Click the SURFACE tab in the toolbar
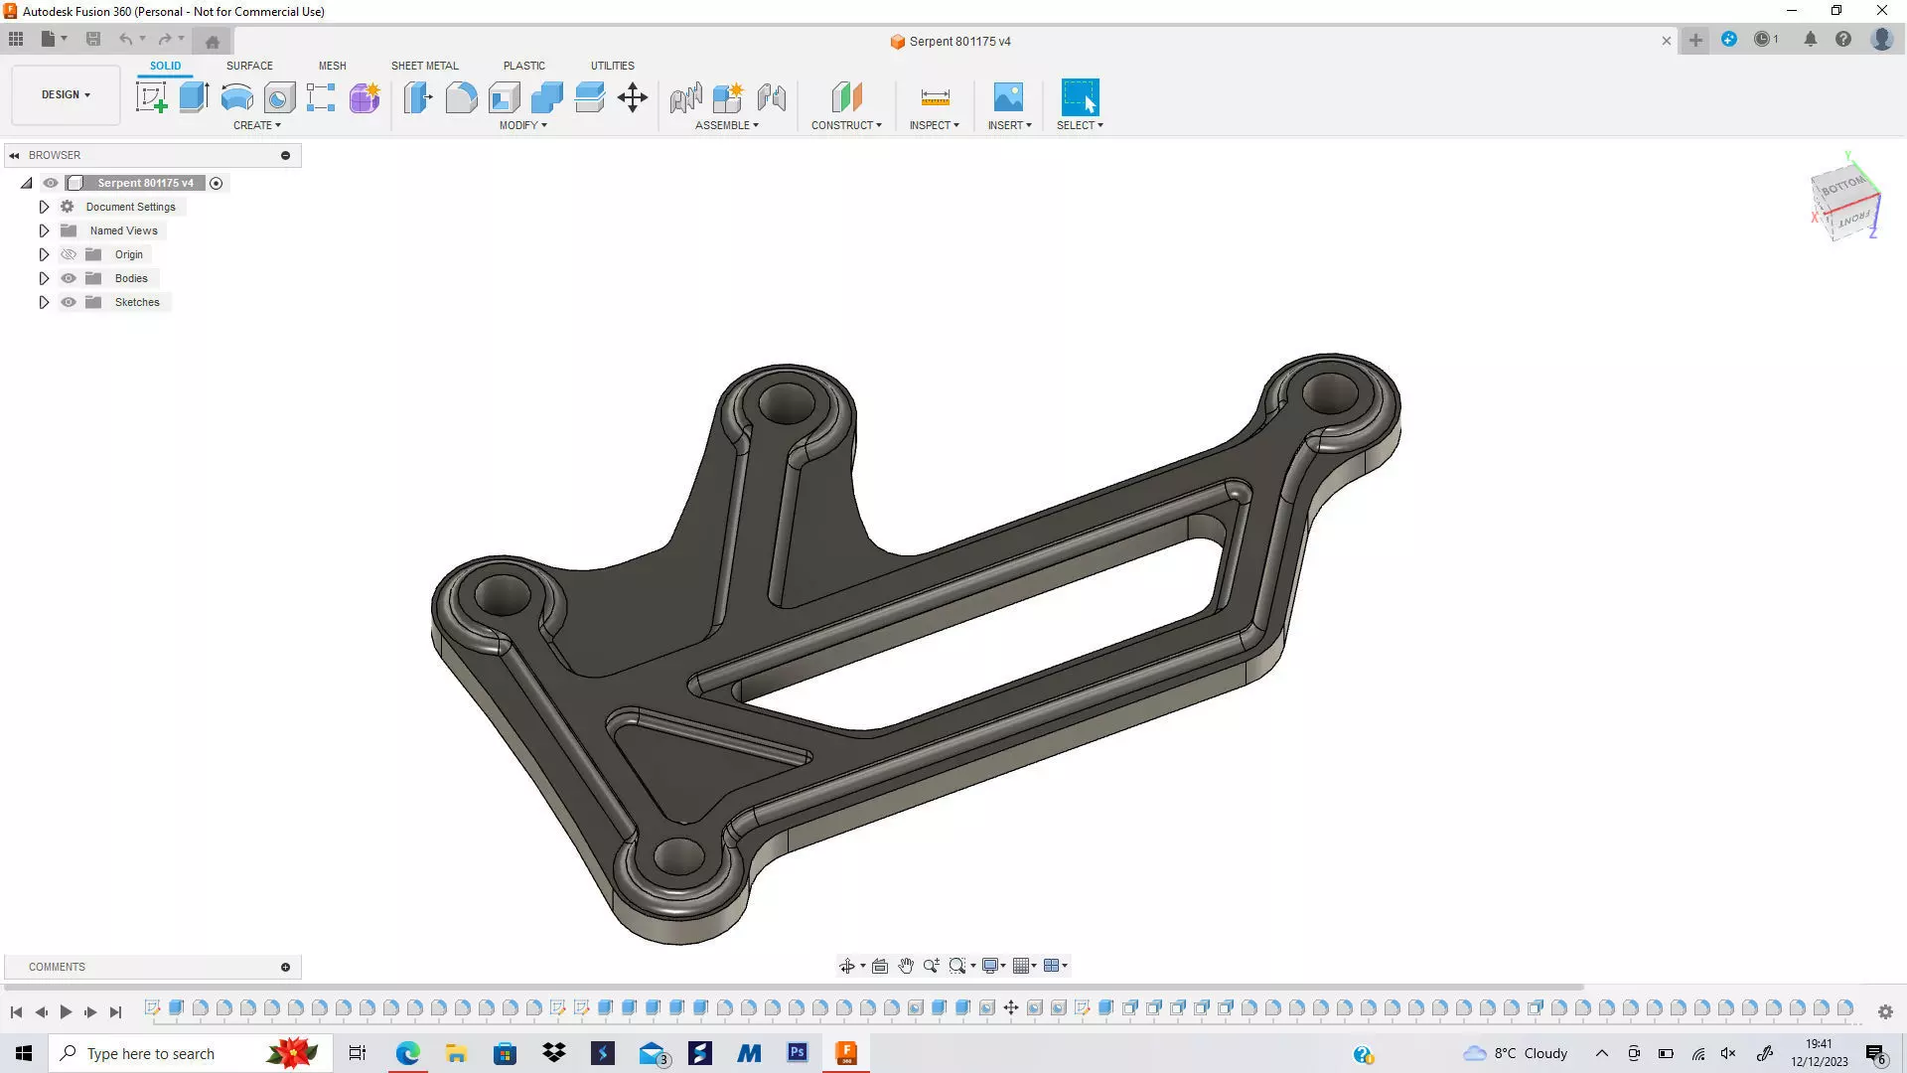coord(249,66)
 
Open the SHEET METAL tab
coord(424,66)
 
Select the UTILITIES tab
coord(612,66)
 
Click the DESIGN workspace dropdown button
coord(66,95)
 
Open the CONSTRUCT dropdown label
coord(846,125)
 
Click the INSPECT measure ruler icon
coord(935,97)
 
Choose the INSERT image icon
coord(1008,97)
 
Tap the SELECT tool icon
coord(1080,97)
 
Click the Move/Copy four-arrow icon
coord(633,97)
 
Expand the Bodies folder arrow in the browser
coord(44,278)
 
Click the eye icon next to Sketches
coord(69,302)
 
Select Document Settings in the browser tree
coord(130,207)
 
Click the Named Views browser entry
coord(123,230)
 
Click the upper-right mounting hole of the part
coord(1330,393)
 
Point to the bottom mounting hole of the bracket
coord(679,855)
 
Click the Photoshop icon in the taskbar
coord(798,1053)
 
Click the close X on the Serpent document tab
coord(1667,41)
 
